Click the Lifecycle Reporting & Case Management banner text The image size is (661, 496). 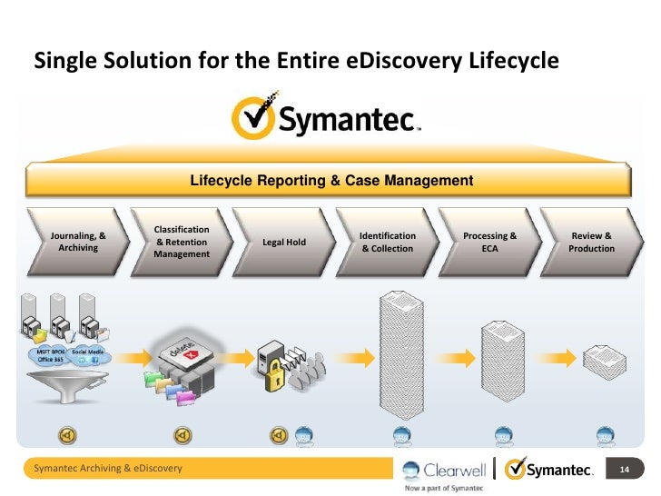(x=331, y=181)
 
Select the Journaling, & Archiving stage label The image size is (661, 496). (x=78, y=242)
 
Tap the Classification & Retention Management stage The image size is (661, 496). (x=182, y=242)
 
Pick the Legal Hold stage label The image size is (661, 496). (x=284, y=243)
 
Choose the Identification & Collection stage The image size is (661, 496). (x=388, y=242)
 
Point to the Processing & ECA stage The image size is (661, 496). (x=489, y=242)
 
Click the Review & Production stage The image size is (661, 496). (x=591, y=242)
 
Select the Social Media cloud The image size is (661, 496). (x=89, y=356)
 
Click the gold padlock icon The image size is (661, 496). (x=272, y=378)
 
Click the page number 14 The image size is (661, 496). (x=624, y=469)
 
